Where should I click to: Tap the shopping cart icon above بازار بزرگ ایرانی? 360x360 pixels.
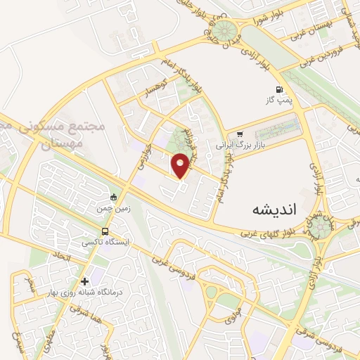pyautogui.click(x=240, y=134)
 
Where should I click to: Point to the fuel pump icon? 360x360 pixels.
pyautogui.click(x=280, y=89)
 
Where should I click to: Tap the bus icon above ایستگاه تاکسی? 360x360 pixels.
pyautogui.click(x=105, y=231)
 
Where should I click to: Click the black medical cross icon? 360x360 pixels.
pyautogui.click(x=85, y=281)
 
